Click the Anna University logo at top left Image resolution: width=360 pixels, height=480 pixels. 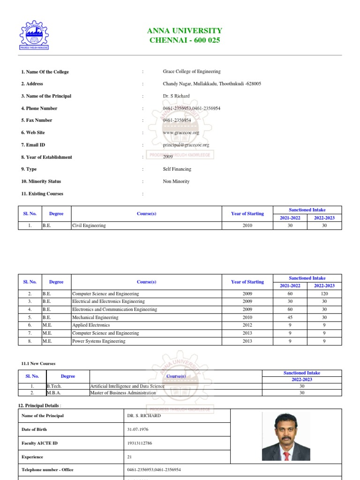(34, 34)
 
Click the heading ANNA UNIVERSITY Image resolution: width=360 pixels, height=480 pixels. (185, 31)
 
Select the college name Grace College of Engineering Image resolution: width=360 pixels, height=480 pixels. (191, 72)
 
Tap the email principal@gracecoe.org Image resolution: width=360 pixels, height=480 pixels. (186, 145)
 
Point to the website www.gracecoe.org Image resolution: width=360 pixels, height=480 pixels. (178, 133)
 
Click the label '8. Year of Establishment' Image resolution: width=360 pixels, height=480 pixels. (46, 157)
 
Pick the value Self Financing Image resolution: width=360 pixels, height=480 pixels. (177, 169)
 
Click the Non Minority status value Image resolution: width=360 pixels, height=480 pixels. (176, 181)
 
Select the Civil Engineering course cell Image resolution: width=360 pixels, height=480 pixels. (89, 225)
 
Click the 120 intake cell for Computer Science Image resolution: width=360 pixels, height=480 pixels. (324, 293)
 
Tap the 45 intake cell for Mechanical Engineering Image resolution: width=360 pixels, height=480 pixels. (290, 317)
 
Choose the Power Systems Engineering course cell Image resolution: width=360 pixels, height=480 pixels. (99, 341)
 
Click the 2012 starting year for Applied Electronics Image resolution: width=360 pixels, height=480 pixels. (247, 325)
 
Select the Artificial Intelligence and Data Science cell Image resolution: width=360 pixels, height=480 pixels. (127, 386)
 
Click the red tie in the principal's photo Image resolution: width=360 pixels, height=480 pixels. (286, 455)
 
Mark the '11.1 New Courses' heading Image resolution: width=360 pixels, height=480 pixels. (38, 363)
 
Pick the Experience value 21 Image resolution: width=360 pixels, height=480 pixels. (130, 457)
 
